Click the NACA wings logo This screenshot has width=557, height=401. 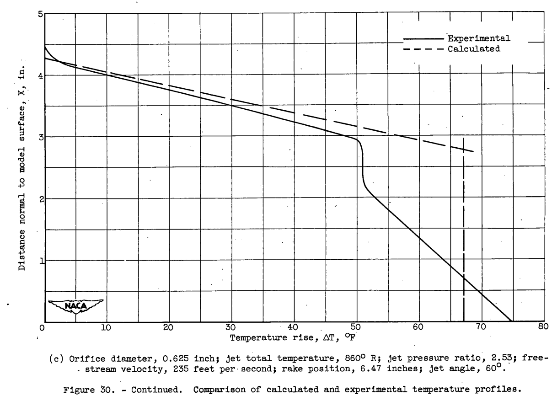tap(76, 305)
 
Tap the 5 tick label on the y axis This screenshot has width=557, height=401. tap(39, 14)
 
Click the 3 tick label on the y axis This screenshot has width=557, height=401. tap(39, 137)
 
